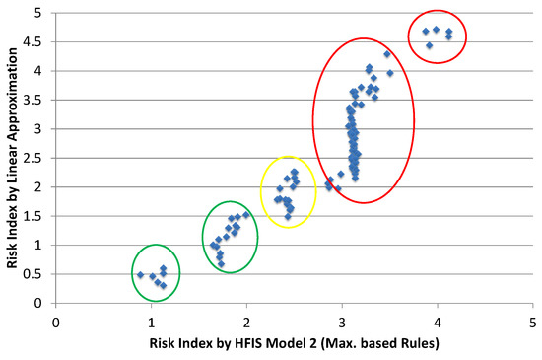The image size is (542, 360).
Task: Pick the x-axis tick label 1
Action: tap(152, 321)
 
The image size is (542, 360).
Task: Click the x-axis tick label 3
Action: tap(342, 321)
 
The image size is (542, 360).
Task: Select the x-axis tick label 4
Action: tap(438, 321)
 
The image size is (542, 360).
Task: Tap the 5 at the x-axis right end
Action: tap(532, 321)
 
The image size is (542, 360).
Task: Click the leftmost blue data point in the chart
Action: tap(141, 275)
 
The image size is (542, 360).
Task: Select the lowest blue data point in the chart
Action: tap(163, 286)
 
